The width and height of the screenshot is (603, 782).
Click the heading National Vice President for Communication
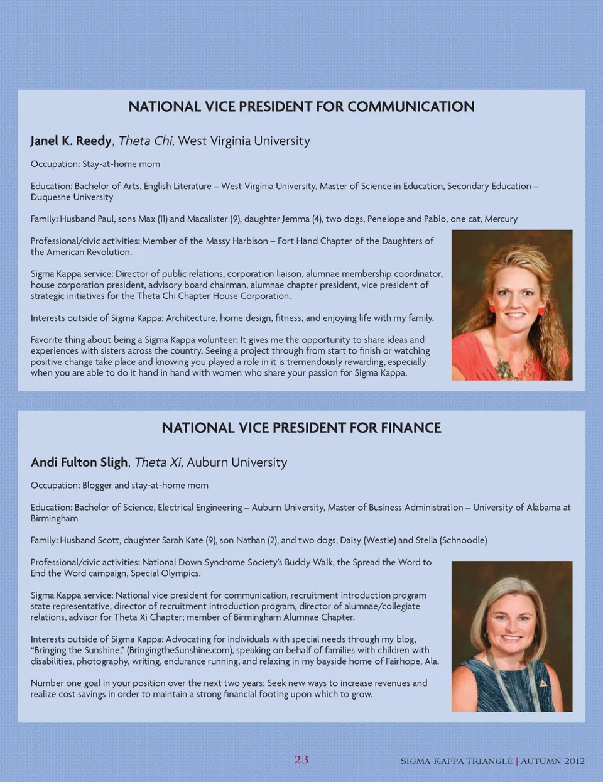[x=301, y=107]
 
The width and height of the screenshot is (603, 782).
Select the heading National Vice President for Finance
[x=301, y=428]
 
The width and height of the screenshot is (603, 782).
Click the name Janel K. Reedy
[x=71, y=141]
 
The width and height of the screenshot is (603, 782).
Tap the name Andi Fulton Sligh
[x=79, y=462]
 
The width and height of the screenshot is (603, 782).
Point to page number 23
[x=301, y=759]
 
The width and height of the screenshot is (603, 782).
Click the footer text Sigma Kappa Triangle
[x=457, y=761]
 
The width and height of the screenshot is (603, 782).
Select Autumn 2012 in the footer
[x=553, y=761]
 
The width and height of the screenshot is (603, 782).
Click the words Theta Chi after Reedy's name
[x=145, y=141]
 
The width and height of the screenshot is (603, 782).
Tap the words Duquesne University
[x=72, y=197]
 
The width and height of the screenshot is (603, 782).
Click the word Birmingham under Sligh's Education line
[x=54, y=518]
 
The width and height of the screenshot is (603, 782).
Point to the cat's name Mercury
[x=501, y=219]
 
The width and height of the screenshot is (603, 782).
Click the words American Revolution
[x=88, y=252]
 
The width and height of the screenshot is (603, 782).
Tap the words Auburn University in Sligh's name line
[x=237, y=462]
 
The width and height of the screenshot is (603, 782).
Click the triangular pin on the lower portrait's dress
[x=543, y=683]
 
